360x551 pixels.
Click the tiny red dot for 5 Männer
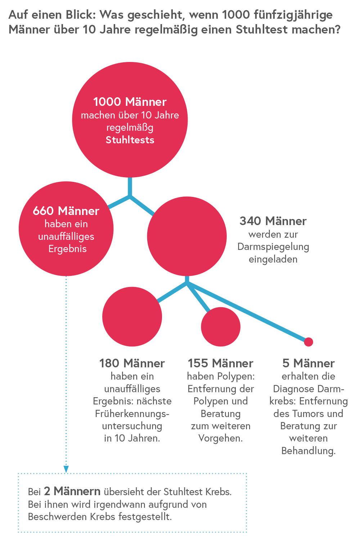tap(309, 342)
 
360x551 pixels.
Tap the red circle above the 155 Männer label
tap(221, 327)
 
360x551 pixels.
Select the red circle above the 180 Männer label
tap(132, 317)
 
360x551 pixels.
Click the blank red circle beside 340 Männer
tap(186, 236)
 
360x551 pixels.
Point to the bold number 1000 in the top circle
tap(107, 102)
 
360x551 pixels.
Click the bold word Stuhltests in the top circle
tap(130, 140)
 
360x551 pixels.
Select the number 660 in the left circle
tap(43, 211)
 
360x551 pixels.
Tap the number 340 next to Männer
tap(250, 221)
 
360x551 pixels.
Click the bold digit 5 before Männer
tap(286, 363)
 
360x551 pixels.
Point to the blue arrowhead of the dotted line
tap(66, 469)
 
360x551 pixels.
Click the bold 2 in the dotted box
tap(47, 491)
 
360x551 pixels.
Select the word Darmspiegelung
tap(273, 247)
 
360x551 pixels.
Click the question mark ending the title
tap(337, 29)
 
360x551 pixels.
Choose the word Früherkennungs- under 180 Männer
tap(132, 413)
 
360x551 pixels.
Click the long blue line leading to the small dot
tap(247, 312)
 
